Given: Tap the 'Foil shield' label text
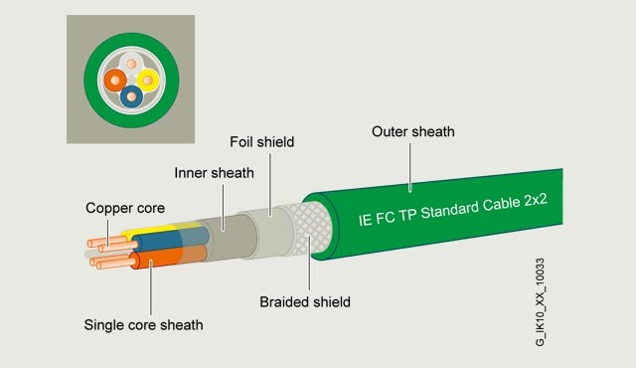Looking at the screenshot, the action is point(261,142).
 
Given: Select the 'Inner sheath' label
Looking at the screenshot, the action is point(214,172).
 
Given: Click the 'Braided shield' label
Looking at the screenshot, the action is point(305,301).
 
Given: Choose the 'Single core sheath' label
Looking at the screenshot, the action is point(143,324).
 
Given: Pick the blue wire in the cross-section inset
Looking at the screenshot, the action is point(132,95).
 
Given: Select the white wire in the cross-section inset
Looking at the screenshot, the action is point(132,63).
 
